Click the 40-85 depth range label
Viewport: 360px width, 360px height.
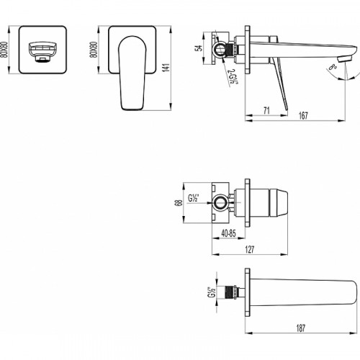(230, 233)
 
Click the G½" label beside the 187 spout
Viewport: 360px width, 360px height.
(212, 292)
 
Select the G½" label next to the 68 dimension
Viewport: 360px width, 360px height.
(193, 198)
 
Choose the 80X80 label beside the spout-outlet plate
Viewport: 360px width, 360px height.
(6, 50)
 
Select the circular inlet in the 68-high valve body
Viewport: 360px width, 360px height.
(220, 202)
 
